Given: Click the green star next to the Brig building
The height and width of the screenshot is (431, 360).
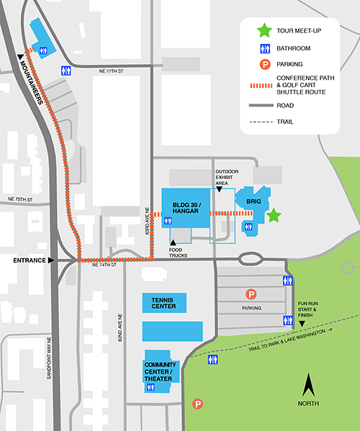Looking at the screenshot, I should click(x=273, y=215).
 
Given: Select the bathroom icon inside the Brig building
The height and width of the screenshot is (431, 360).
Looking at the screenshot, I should click(x=248, y=227).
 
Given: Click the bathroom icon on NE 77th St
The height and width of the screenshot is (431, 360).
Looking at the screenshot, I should click(x=67, y=70).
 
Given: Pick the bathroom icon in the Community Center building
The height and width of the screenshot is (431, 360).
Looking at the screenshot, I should click(x=151, y=387).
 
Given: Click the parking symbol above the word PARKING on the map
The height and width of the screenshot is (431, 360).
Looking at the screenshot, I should click(x=251, y=294).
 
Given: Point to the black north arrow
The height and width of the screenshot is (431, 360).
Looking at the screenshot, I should click(x=310, y=386).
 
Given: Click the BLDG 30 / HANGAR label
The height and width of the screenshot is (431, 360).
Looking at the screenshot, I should click(x=186, y=207).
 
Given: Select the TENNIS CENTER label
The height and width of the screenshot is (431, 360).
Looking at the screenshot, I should click(x=163, y=301).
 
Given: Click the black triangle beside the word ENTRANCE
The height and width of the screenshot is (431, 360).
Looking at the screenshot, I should click(x=50, y=260).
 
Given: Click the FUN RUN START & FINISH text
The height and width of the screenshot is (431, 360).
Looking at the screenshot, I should click(x=307, y=309).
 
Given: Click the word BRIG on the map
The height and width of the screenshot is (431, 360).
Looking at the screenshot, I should click(x=253, y=201).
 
